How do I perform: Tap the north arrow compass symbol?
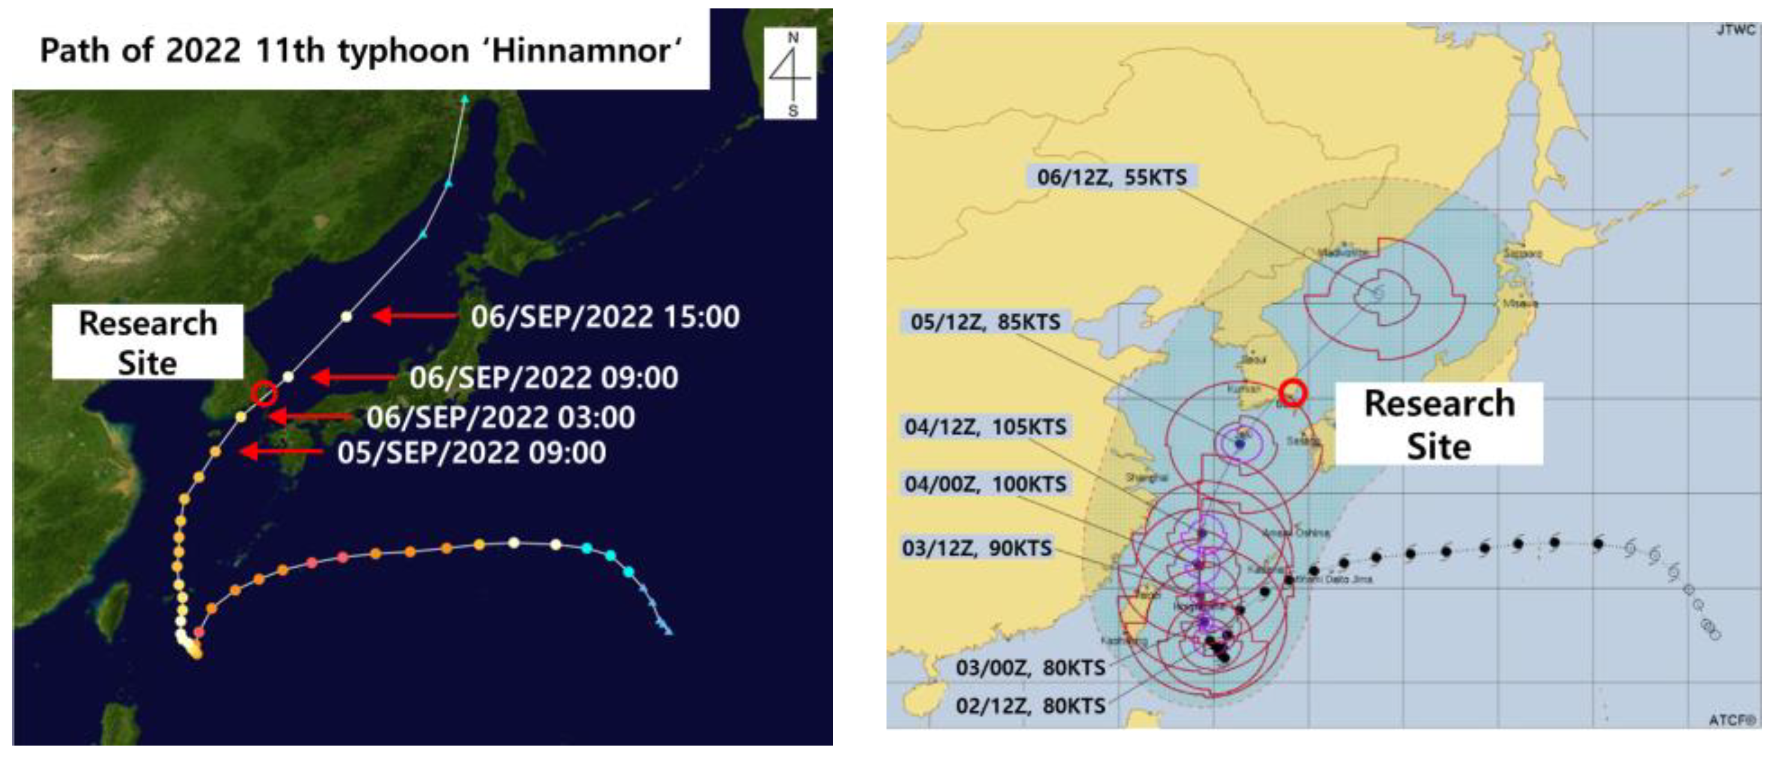(x=791, y=72)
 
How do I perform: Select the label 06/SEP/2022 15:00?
(x=605, y=317)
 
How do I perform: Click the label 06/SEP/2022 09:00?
(x=544, y=378)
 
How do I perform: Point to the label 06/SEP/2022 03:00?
(x=500, y=418)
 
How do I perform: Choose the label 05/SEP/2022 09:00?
(x=471, y=453)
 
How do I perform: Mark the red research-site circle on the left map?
(x=264, y=394)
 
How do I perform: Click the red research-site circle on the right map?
(x=1293, y=392)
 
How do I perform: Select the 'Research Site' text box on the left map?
(x=148, y=342)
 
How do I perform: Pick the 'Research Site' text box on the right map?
(x=1439, y=424)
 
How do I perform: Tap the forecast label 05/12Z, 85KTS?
(x=985, y=322)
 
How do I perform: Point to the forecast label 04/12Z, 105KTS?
(x=985, y=427)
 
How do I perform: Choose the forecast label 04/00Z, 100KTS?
(x=985, y=484)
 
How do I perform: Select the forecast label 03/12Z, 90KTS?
(x=977, y=549)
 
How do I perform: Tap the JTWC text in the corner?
(x=1735, y=30)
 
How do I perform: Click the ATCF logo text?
(x=1732, y=720)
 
